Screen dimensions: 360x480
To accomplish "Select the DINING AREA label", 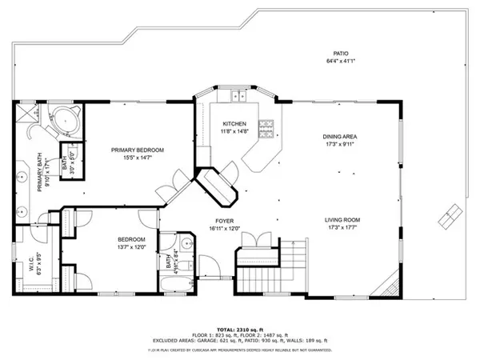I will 339,137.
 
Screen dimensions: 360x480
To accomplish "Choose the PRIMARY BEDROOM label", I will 138,150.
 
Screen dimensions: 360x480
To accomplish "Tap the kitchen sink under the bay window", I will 238,98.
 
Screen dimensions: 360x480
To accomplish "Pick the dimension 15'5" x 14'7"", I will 138,158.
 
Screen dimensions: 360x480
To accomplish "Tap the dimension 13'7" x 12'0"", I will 132,247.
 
